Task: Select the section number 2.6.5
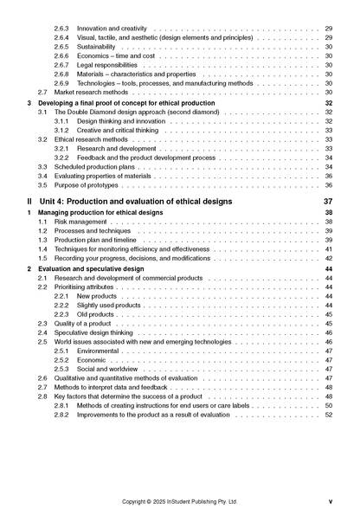click(62, 47)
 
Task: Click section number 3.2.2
click(62, 158)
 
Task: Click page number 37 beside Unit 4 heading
click(327, 201)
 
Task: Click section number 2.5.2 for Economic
click(62, 360)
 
